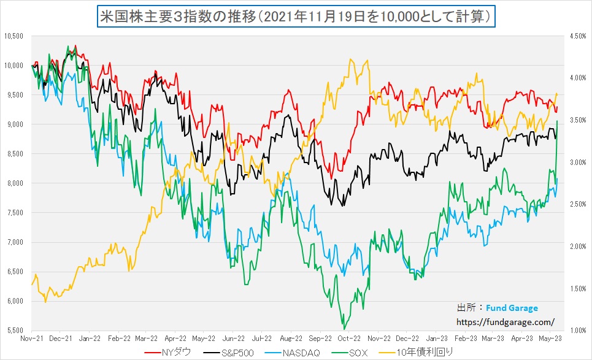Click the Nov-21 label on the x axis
click(31, 338)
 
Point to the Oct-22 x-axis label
click(348, 338)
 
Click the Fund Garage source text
click(512, 308)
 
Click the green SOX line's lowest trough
click(344, 329)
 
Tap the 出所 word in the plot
click(466, 308)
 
